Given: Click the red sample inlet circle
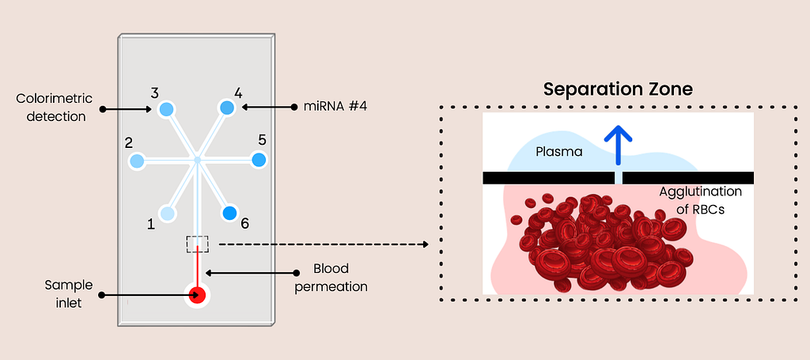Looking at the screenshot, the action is coord(197,295).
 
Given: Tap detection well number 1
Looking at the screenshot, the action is coord(167,214).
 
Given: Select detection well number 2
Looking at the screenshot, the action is coord(137,161).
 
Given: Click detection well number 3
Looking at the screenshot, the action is coord(166,109).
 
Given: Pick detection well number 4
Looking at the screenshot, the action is coord(227,108).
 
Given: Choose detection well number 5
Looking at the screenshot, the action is coord(259,160).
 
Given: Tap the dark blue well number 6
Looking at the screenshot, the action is coord(229,213).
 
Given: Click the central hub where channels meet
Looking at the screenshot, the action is coord(197,161).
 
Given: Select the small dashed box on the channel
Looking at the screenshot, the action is coord(198,244).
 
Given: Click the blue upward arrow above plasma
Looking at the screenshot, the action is coord(618,146).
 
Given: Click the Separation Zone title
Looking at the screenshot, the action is coord(617,89).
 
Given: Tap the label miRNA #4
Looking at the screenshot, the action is coord(337,108).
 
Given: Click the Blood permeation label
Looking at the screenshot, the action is coord(331,278).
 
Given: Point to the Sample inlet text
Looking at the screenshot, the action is coord(69,294).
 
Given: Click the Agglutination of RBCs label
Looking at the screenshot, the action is coord(701,200).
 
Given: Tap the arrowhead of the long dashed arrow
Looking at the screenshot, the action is coord(426,244).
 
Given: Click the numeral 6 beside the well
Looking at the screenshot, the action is coord(245,224).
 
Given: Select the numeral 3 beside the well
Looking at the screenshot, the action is coord(154,93).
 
